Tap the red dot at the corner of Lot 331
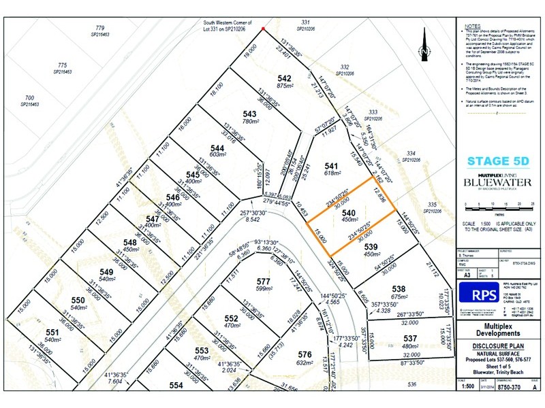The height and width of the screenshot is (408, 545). (x=264, y=29)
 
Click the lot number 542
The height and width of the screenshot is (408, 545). (x=285, y=78)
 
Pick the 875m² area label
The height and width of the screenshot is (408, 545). (x=285, y=86)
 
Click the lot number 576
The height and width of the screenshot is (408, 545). (x=305, y=354)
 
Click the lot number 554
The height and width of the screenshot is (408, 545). (x=176, y=385)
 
